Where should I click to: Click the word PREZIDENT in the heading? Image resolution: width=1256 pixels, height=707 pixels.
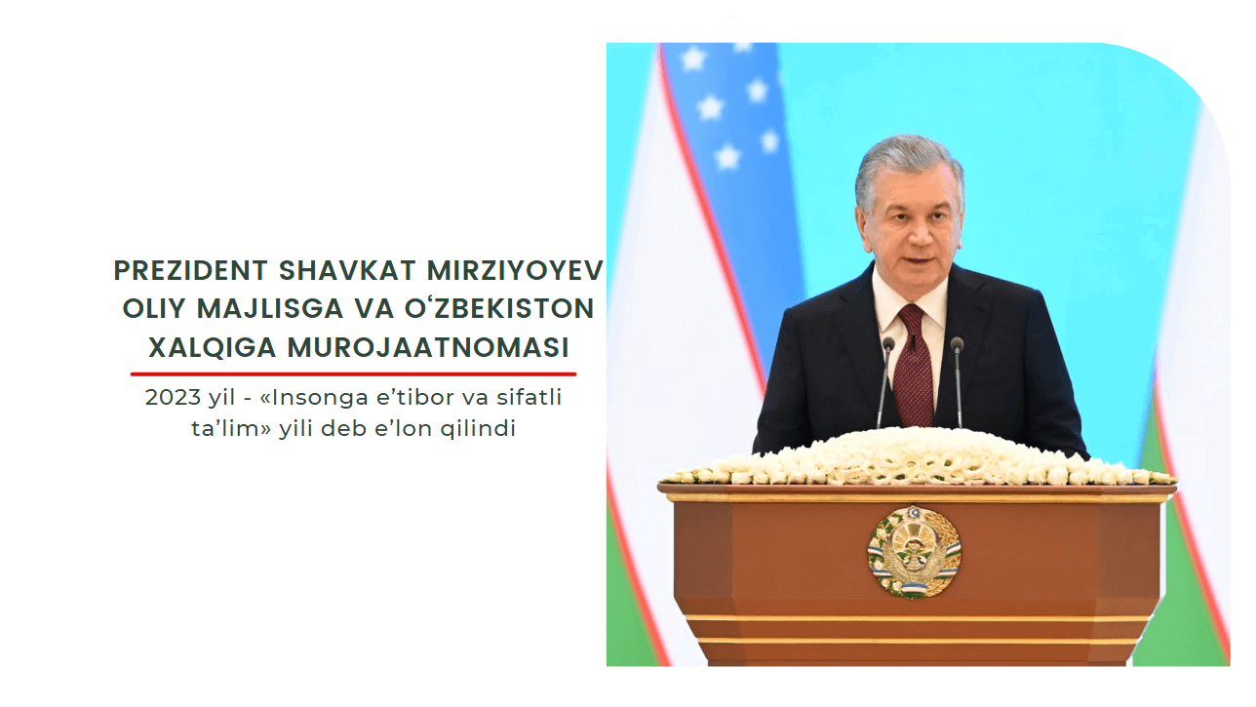tap(191, 270)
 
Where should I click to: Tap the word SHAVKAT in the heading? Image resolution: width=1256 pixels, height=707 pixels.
tap(347, 270)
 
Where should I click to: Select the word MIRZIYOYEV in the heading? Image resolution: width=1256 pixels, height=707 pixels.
tap(515, 270)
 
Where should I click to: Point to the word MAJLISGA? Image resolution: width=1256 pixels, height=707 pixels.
tap(270, 308)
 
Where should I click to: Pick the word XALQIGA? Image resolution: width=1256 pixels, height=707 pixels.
tap(213, 347)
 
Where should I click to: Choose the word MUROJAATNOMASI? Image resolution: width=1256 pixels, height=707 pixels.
tap(428, 347)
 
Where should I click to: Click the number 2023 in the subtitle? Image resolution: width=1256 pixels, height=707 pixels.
tap(173, 397)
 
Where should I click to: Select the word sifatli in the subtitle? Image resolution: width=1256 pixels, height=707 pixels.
tap(529, 397)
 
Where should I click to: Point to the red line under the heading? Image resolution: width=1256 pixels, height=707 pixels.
tap(353, 373)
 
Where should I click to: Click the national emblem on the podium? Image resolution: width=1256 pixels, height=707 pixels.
tap(914, 552)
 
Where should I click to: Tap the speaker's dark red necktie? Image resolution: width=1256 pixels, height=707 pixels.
tap(914, 365)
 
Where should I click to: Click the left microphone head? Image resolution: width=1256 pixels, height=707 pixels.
tap(888, 344)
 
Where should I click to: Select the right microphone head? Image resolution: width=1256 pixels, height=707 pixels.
tap(957, 344)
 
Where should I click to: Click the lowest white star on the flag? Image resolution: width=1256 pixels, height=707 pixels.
tap(728, 156)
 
